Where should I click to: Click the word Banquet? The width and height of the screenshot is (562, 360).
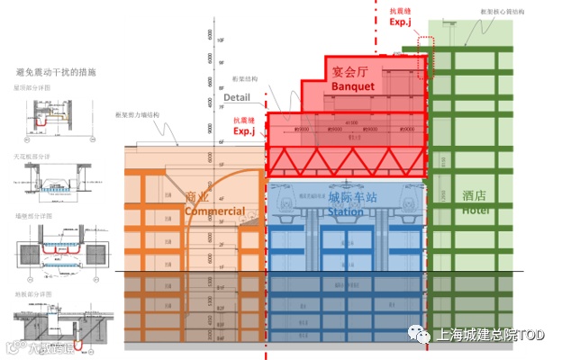coord(352,86)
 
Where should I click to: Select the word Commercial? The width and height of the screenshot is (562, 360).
coord(214,211)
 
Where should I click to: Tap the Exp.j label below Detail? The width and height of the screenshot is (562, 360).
coord(246,130)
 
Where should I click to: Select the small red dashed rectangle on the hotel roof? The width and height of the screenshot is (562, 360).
coord(424,51)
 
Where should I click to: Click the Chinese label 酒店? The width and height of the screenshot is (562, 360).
coord(475,195)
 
